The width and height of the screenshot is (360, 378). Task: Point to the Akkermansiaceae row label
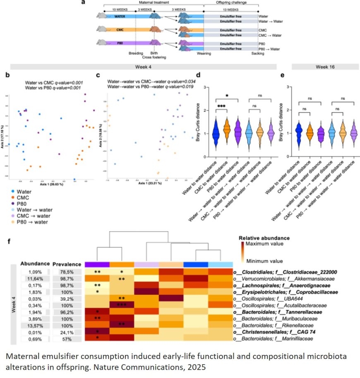point(288,279)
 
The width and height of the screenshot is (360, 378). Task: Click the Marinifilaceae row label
point(286,339)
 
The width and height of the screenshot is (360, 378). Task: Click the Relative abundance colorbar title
point(264,238)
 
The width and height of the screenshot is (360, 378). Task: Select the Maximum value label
point(264,245)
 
